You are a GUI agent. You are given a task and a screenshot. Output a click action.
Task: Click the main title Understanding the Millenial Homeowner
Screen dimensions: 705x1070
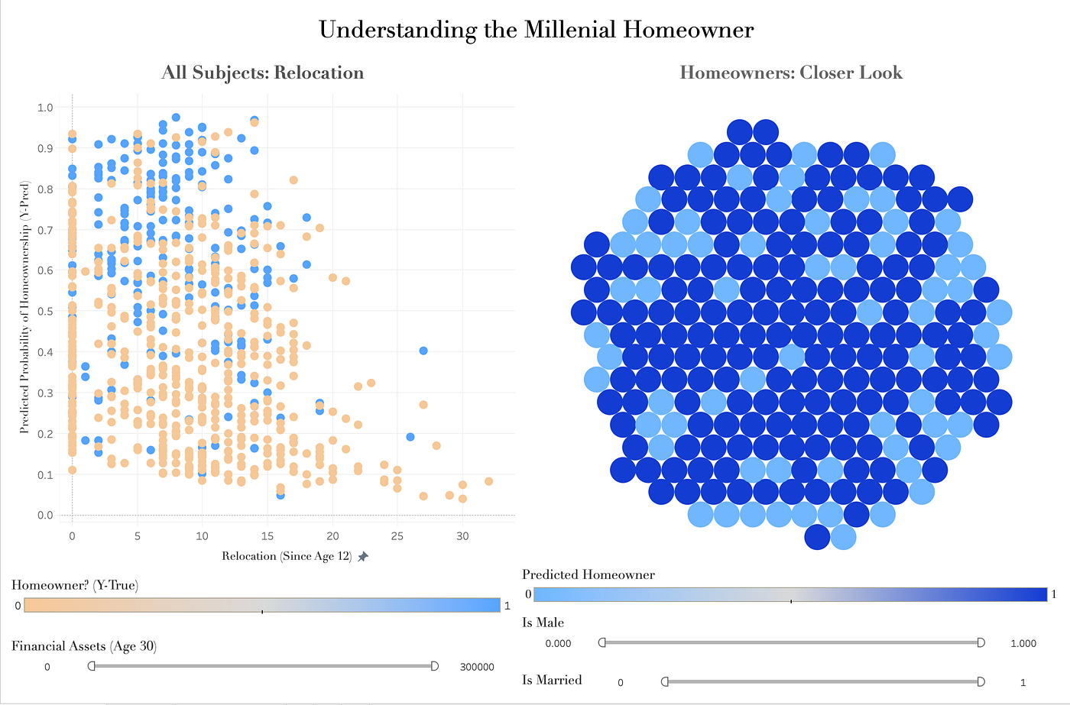[x=536, y=30]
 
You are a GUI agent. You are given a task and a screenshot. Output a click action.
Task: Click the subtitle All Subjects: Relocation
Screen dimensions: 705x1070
[x=262, y=73]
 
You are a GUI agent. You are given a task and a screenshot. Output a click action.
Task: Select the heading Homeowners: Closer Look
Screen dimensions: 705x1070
[x=791, y=73]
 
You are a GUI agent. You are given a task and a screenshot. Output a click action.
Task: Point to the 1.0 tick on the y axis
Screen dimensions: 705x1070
[x=45, y=108]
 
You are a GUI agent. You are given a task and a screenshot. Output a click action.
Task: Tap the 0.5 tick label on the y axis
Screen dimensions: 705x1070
[x=45, y=312]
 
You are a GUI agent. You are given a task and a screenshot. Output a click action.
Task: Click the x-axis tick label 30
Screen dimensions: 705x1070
[x=462, y=536]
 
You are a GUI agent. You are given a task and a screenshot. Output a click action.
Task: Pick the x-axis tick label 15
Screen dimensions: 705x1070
[x=267, y=536]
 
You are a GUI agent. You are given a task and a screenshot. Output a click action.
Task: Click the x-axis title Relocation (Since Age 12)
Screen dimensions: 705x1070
[x=287, y=556]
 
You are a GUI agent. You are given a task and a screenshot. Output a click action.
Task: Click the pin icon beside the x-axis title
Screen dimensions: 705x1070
[x=363, y=557]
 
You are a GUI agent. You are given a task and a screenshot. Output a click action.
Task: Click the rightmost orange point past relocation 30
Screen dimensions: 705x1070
[x=488, y=481]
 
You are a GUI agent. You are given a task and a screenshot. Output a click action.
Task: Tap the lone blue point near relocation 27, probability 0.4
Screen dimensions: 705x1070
[x=423, y=351]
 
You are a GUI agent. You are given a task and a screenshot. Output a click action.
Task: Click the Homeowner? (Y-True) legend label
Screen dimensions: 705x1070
[x=75, y=585]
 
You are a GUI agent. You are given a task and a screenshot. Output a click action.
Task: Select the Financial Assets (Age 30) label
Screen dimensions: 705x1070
[x=84, y=646]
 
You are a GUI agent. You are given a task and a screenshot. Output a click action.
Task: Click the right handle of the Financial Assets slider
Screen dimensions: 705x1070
[x=435, y=666]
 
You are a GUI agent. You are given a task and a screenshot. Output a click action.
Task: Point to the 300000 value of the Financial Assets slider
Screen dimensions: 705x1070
[x=477, y=667]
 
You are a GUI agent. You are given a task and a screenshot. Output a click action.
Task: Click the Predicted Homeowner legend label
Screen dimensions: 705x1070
[x=588, y=574]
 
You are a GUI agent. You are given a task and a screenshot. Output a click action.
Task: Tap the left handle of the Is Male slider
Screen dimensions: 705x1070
[x=602, y=642]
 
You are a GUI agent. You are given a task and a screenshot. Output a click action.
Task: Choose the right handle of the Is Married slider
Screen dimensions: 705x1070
[x=981, y=681]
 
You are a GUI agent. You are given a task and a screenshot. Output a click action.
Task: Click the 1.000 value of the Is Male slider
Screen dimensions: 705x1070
[x=1023, y=643]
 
